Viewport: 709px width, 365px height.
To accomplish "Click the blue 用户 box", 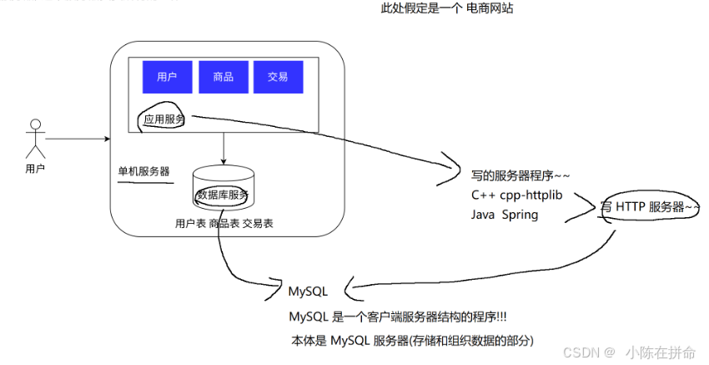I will coord(167,77).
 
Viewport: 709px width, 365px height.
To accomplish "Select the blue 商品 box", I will coord(223,77).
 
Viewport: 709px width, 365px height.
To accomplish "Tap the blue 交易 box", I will coord(278,77).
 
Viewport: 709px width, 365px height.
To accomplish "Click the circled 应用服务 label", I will coord(164,119).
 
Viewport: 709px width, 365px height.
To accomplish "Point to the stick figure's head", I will coord(35,125).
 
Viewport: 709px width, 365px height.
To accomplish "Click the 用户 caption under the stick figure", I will coord(35,169).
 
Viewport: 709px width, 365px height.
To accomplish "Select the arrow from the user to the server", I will coord(78,138).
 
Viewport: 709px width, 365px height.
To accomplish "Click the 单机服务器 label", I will coord(143,171).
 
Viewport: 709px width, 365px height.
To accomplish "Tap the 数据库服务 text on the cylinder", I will coord(223,195).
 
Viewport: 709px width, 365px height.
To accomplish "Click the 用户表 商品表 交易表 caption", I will coord(224,223).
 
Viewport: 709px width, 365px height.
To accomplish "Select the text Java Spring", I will coord(505,215).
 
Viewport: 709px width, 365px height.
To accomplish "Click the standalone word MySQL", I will coord(308,292).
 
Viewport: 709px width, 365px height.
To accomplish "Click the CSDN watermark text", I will coord(589,352).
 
